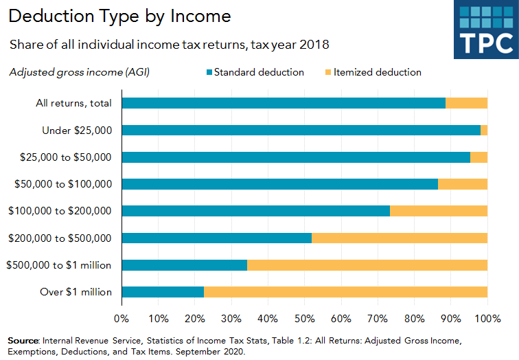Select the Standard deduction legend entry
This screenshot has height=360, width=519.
tap(259, 72)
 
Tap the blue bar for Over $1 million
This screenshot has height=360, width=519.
tap(163, 292)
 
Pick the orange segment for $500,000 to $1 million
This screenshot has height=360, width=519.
tap(367, 265)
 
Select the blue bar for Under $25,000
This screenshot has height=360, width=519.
tap(301, 130)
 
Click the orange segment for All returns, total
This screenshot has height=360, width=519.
tap(466, 103)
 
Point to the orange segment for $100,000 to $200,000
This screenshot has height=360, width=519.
tap(439, 211)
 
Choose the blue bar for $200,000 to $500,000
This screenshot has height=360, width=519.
tap(216, 238)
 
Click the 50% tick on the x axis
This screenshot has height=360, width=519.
tap(304, 318)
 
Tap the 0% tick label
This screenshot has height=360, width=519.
tap(122, 318)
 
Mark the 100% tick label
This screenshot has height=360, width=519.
tap(487, 318)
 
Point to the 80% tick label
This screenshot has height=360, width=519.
tap(414, 318)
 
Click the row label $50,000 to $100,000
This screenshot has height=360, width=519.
tap(63, 184)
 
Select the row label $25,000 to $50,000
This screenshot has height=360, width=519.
tap(67, 157)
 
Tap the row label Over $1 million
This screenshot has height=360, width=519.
tap(76, 292)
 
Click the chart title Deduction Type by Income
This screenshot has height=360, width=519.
tap(120, 16)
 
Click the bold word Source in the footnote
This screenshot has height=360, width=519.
tap(23, 341)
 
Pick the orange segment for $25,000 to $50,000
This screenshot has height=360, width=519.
tap(478, 157)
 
